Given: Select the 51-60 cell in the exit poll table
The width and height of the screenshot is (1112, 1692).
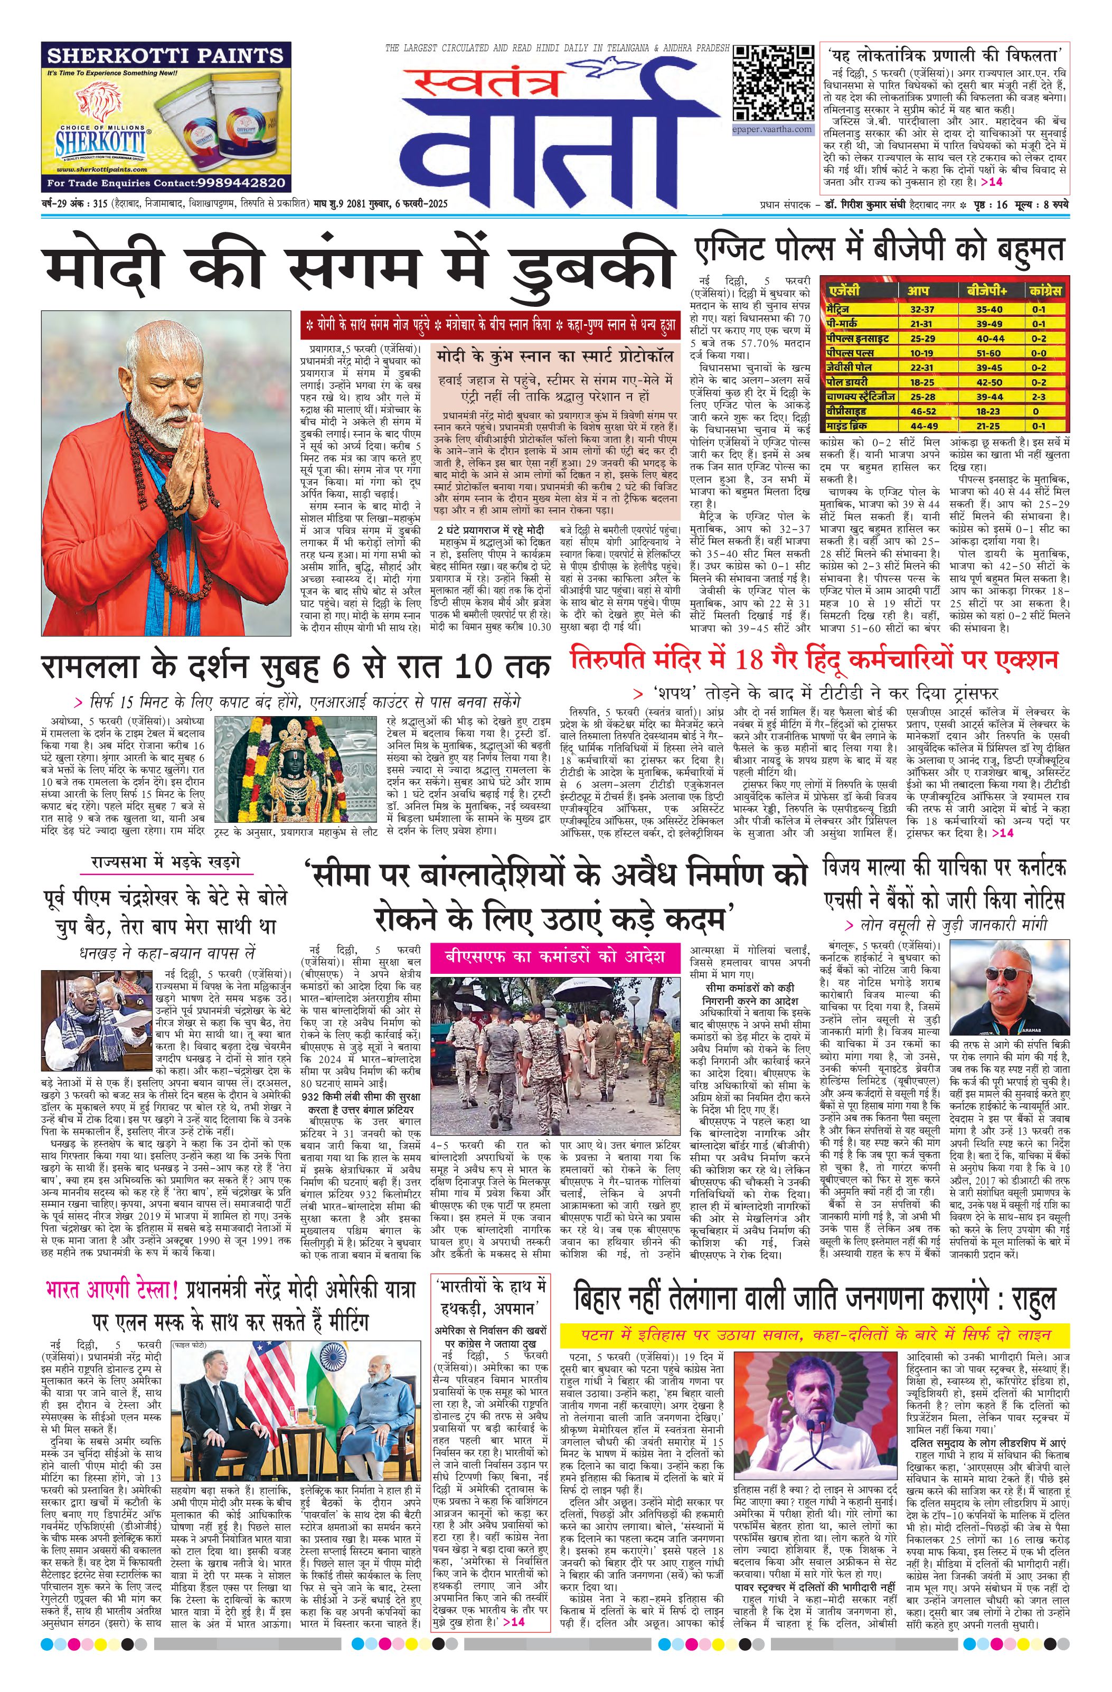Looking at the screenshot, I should point(988,353).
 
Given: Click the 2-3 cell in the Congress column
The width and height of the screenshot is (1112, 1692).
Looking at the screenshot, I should point(1039,397).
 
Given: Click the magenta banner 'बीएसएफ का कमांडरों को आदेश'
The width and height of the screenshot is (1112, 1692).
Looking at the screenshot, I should point(554,955).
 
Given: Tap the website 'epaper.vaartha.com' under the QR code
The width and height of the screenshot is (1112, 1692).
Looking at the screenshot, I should point(773,129).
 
